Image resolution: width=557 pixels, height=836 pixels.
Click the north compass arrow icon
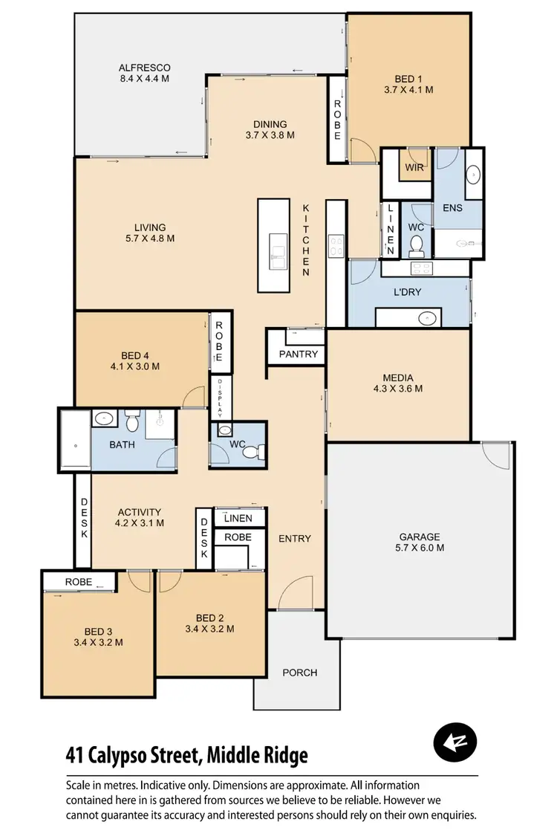coord(455,742)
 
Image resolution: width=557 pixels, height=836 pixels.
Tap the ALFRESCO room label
coord(145,65)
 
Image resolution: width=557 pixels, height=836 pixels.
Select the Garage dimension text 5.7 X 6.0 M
coord(420,548)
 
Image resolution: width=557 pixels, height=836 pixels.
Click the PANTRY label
coord(299,354)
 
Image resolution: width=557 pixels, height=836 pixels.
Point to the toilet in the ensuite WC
coord(417,244)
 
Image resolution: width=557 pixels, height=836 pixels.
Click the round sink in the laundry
coord(427,318)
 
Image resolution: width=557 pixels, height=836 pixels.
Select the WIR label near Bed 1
coord(414,167)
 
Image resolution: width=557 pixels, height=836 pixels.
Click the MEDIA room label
coord(398,377)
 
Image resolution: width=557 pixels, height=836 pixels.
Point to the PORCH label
coord(299,673)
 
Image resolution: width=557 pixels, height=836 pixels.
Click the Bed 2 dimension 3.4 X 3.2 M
coord(209,629)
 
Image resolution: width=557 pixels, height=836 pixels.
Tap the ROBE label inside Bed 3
coord(78,582)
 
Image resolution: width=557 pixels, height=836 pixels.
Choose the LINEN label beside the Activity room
coord(238,518)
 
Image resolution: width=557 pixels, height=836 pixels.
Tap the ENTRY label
coord(295,538)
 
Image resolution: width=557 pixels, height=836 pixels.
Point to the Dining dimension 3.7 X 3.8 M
coord(270,135)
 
